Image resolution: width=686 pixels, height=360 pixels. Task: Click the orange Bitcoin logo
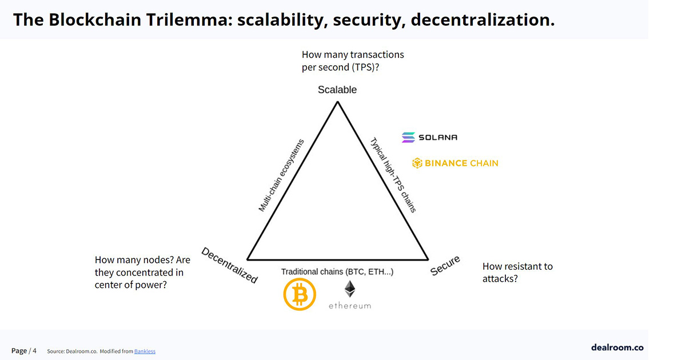tap(300, 294)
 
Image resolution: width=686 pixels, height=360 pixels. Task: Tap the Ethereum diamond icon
tap(350, 289)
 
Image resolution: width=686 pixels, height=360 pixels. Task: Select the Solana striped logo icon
tap(408, 138)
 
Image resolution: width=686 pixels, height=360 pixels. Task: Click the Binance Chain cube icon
tap(417, 163)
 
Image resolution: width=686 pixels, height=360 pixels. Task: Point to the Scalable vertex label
tap(337, 90)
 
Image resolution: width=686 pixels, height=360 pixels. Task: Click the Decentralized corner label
tap(229, 265)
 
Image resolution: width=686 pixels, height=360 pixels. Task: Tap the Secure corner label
tap(445, 265)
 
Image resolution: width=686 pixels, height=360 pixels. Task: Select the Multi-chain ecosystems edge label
tap(281, 175)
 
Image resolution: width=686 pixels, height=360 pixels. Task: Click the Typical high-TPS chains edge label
tap(393, 175)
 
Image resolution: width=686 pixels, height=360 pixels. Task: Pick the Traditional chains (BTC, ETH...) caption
tap(337, 272)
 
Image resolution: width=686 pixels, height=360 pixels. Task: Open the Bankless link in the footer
tap(145, 351)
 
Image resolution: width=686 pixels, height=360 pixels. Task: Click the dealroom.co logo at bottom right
tap(617, 347)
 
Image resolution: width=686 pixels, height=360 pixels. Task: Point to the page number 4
tap(35, 350)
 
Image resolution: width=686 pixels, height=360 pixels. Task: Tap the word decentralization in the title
tap(482, 19)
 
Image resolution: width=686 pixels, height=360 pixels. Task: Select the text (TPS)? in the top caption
tap(365, 67)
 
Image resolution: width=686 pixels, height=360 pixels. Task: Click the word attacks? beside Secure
tap(500, 279)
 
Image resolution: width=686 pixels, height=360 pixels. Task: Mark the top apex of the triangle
tap(337, 102)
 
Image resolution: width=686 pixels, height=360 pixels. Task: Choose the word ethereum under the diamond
tap(350, 306)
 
